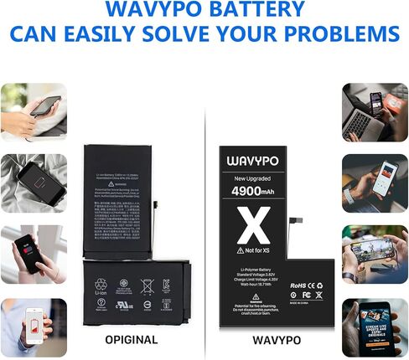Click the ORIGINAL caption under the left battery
(130, 340)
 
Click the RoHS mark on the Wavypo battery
(299, 285)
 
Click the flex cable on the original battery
(155, 209)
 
